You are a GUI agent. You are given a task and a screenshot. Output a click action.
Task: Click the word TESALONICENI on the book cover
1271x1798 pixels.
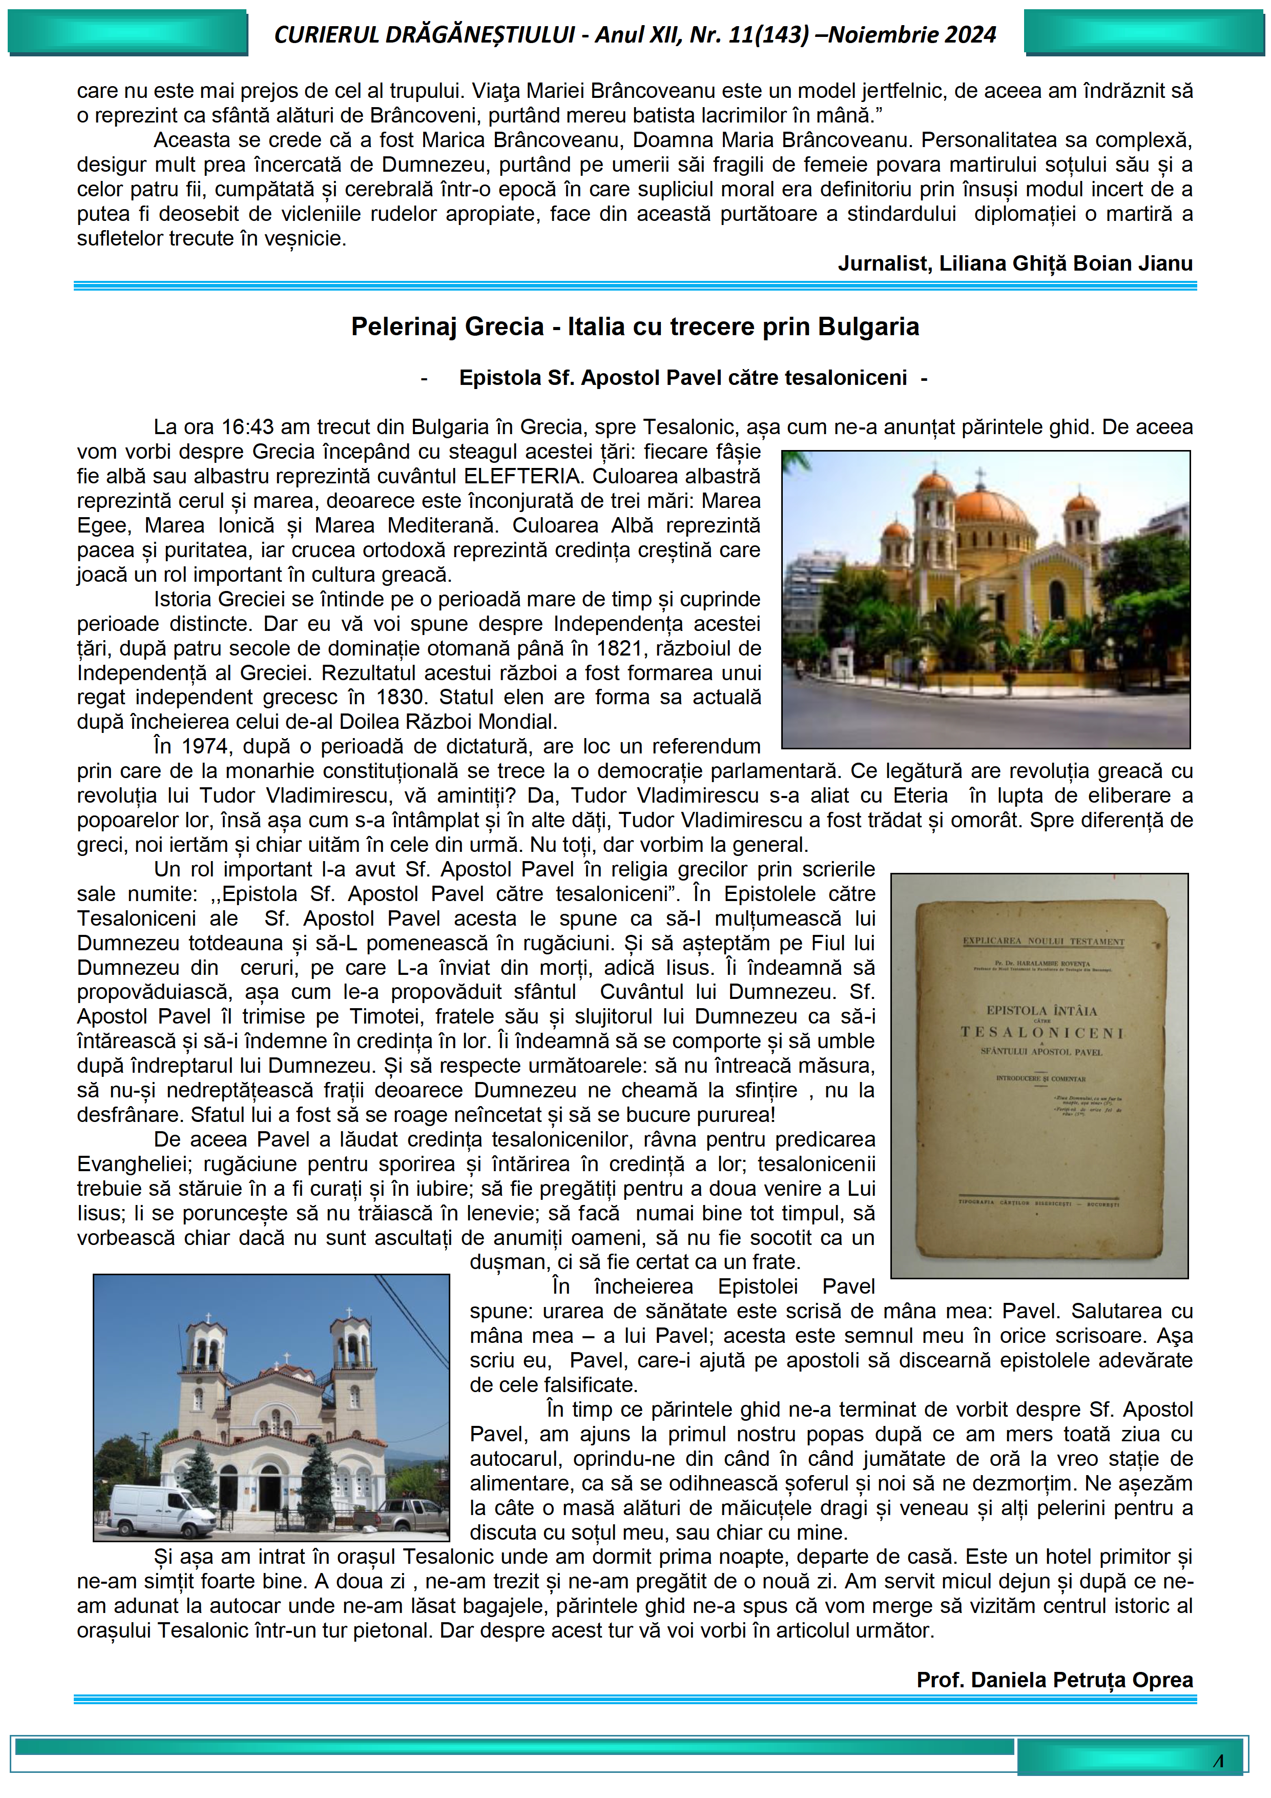(x=1041, y=1033)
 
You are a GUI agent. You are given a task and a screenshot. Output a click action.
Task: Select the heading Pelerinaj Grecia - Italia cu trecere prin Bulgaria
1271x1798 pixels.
(x=635, y=326)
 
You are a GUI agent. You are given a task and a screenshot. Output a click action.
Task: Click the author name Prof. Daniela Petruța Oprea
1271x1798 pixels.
(x=1054, y=1679)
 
